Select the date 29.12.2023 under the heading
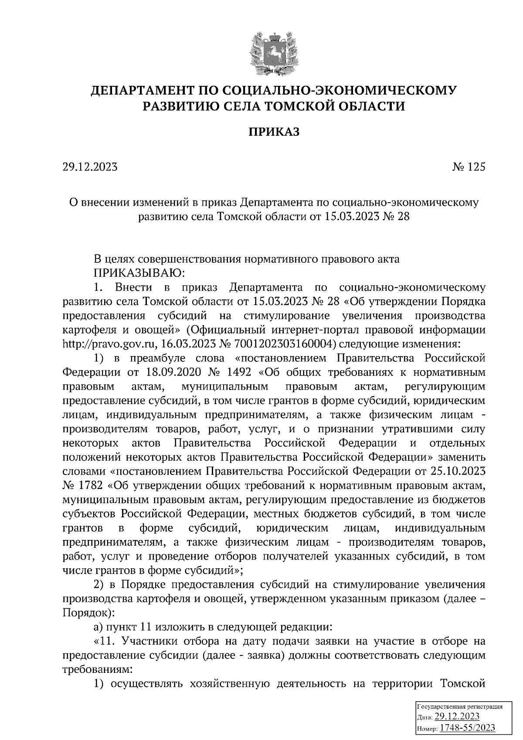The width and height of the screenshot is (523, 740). click(90, 167)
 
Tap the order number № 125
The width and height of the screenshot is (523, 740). click(468, 167)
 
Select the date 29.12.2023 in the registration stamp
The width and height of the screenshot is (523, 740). click(457, 717)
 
